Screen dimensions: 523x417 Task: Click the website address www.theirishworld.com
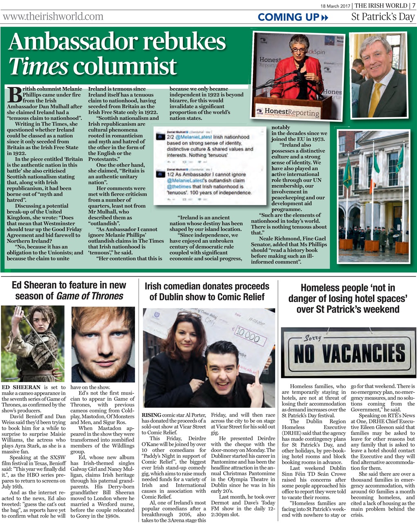pos(53,17)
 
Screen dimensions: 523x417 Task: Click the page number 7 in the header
pos(413,5)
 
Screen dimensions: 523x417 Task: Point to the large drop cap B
pos(14,95)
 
